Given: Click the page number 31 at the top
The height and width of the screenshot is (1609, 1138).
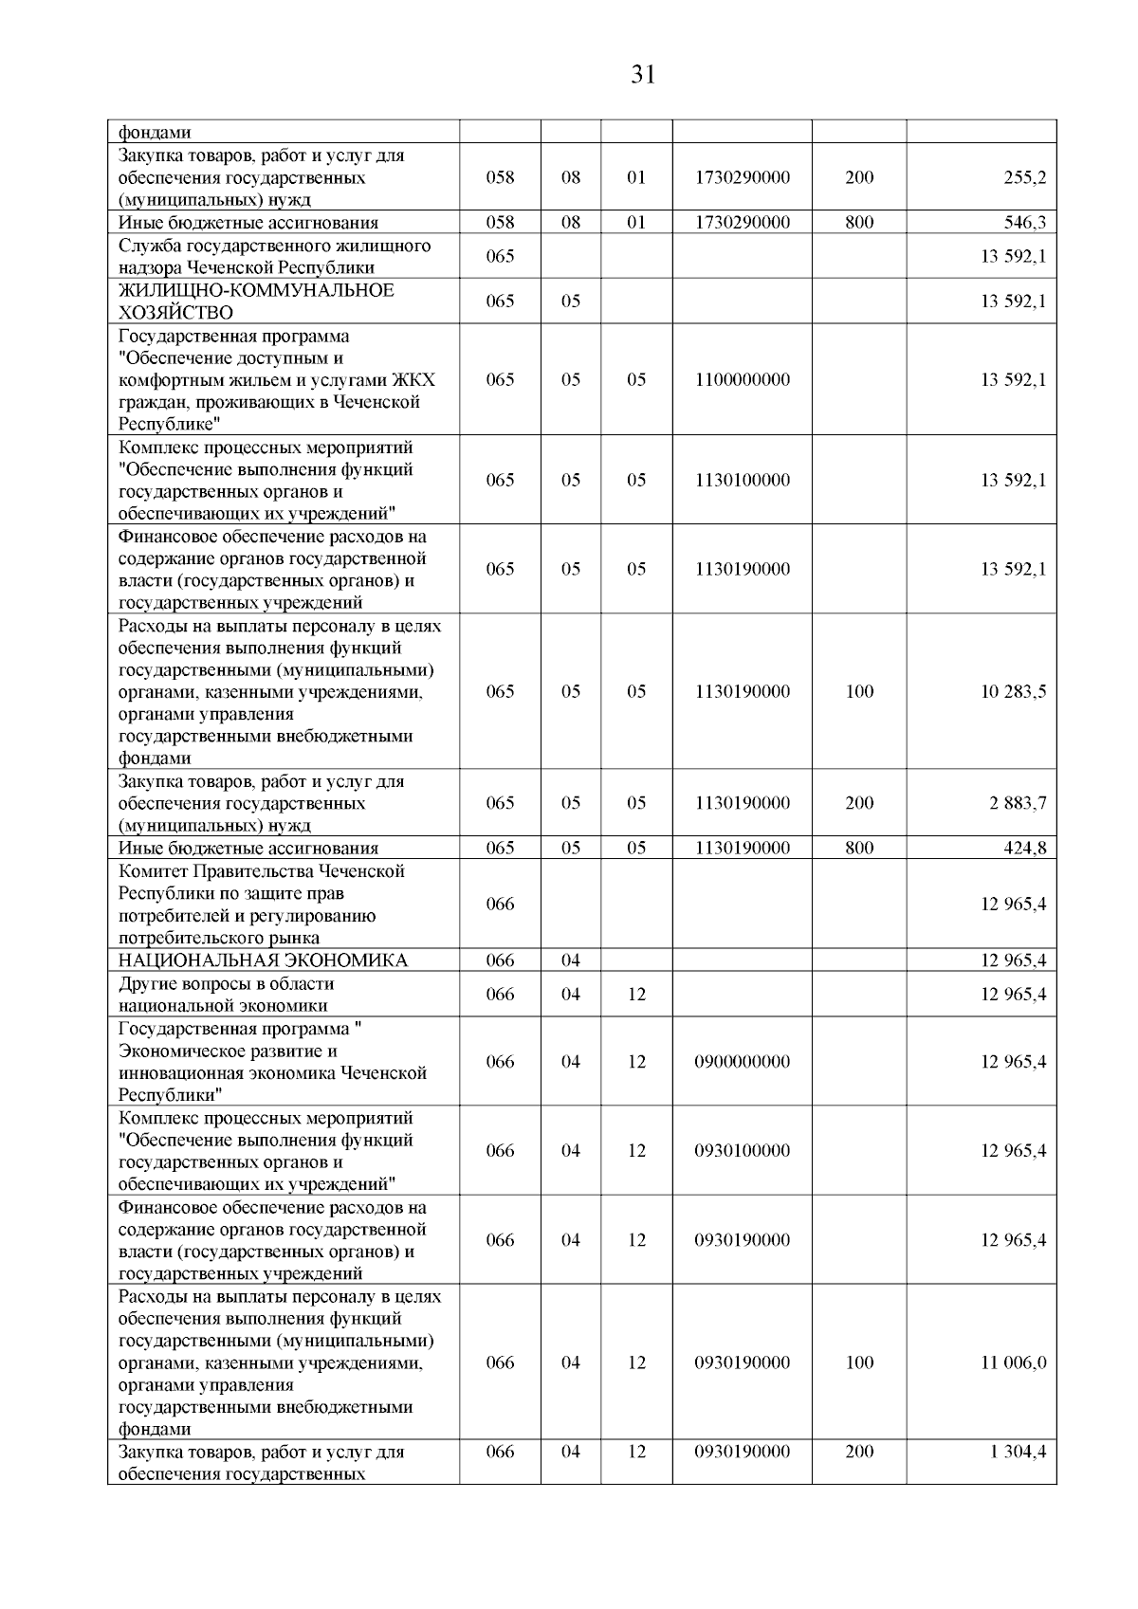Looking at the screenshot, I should [x=643, y=75].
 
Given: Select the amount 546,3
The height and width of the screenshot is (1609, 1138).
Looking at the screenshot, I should [x=1025, y=223].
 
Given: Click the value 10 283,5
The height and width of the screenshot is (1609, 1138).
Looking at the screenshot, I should [x=1013, y=691].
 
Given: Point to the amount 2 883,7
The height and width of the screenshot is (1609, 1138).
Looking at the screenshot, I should [x=1019, y=803].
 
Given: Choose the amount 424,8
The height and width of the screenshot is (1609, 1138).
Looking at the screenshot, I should [x=1025, y=849].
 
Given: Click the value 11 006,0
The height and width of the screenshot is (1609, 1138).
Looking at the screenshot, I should [x=1013, y=1362].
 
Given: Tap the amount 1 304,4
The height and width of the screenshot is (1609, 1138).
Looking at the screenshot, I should [x=1019, y=1452].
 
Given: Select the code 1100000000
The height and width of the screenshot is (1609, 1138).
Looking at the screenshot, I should [x=742, y=379].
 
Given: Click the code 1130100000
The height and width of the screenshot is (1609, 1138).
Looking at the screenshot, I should [x=742, y=480].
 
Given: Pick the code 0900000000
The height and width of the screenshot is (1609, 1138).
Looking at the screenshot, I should [x=742, y=1062].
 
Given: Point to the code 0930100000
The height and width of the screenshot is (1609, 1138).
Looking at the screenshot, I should [x=742, y=1150].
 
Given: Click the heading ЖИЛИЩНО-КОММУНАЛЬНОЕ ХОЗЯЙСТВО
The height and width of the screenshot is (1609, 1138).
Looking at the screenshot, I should [x=256, y=302].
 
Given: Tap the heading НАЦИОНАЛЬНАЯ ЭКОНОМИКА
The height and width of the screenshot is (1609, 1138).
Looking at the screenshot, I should [x=263, y=960].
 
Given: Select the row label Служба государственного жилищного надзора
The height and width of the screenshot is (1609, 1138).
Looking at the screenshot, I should [x=274, y=257].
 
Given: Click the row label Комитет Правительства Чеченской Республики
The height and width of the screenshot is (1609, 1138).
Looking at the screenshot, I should [x=261, y=904].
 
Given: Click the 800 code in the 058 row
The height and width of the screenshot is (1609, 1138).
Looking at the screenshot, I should [x=859, y=223].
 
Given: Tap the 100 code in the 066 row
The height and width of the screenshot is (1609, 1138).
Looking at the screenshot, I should [x=859, y=1362].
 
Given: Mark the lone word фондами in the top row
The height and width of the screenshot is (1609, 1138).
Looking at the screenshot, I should [x=155, y=133].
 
